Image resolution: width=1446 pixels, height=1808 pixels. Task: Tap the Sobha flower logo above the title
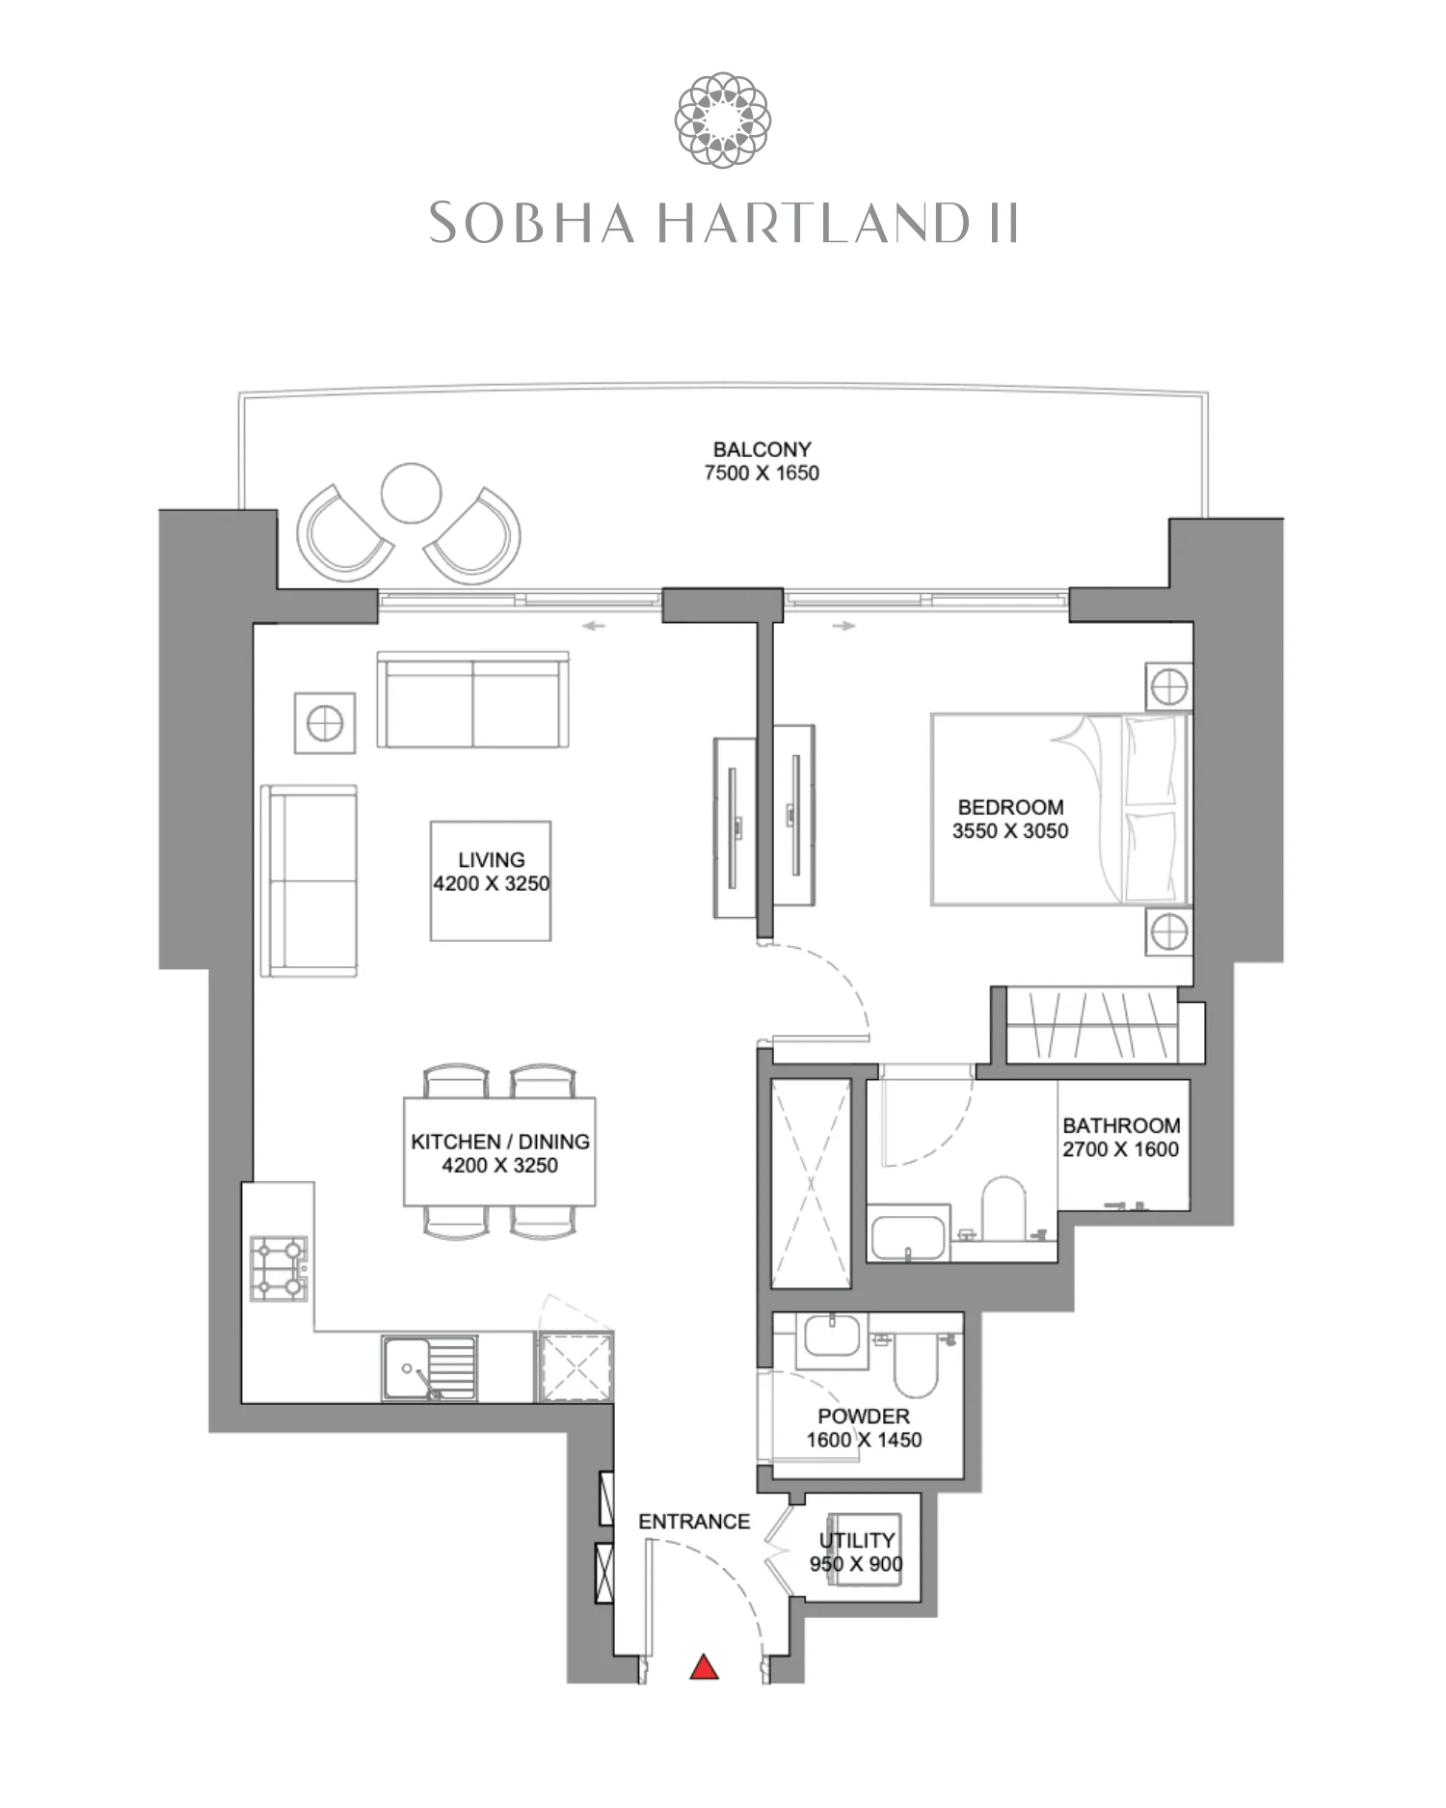pos(722,120)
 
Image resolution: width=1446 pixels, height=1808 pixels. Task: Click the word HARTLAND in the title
pos(815,224)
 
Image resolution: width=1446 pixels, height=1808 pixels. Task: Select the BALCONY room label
pos(762,449)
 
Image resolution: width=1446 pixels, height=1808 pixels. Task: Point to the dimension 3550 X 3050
pos(1010,831)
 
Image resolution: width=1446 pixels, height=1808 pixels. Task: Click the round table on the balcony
pos(411,493)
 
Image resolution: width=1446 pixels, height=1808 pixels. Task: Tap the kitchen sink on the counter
pos(429,1366)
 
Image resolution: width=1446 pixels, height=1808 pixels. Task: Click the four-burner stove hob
pos(279,1268)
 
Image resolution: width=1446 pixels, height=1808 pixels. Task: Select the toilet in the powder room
pos(915,1363)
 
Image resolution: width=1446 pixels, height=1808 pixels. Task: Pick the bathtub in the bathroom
pos(908,1237)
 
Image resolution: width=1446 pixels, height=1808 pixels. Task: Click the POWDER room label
pos(864,1417)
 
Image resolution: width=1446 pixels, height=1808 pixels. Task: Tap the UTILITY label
pos(857,1540)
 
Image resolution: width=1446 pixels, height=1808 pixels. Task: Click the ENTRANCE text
pos(694,1522)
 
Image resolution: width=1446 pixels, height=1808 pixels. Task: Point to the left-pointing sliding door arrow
pos(594,626)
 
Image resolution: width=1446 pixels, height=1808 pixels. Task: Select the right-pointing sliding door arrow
pos(843,626)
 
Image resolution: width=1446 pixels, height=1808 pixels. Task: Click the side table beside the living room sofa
pos(325,723)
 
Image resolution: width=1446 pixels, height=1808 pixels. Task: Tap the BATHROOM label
pos(1121,1125)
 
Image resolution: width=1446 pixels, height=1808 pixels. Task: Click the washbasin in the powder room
pos(831,1337)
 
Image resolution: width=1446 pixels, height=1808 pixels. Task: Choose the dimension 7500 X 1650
pos(762,473)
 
